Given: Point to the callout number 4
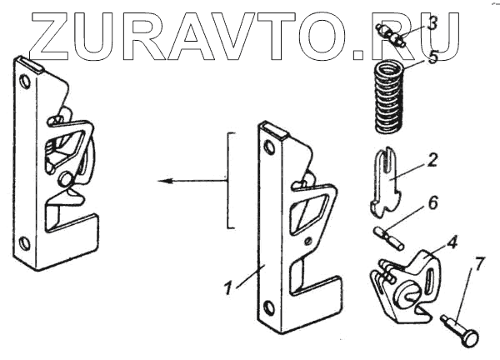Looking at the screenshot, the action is click(x=452, y=244).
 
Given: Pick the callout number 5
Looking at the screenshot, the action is click(x=432, y=58).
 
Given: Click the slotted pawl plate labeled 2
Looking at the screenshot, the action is click(x=384, y=178).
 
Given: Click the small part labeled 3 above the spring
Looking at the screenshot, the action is click(x=390, y=36).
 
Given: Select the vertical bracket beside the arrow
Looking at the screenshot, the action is click(x=231, y=179).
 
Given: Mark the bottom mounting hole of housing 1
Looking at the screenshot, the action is click(x=267, y=305).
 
